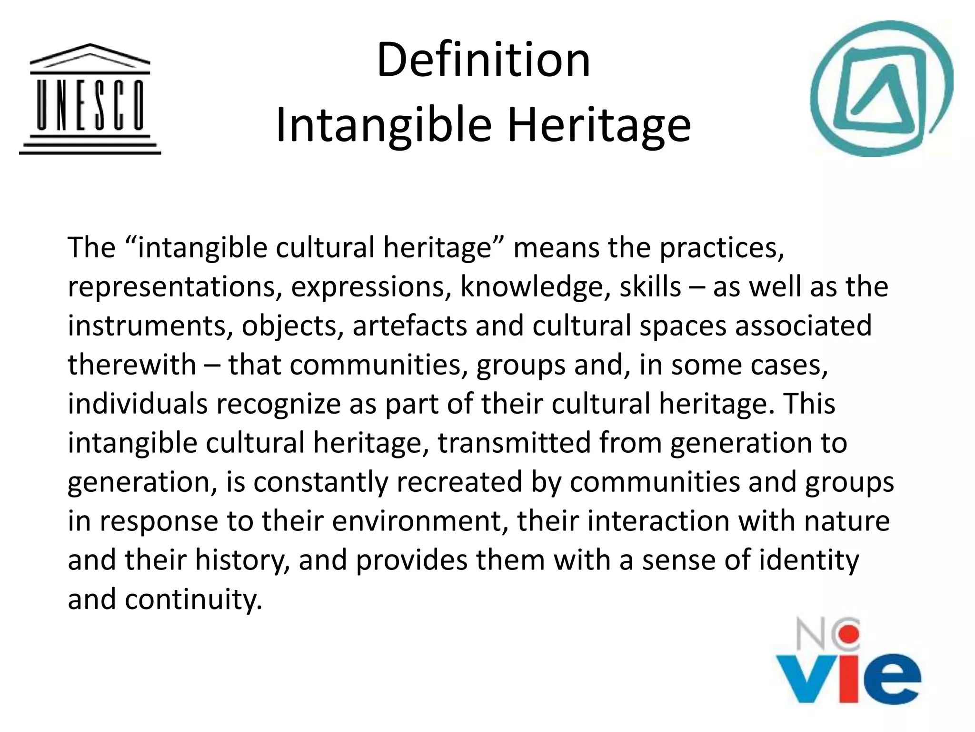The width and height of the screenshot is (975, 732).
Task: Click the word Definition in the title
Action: click(483, 61)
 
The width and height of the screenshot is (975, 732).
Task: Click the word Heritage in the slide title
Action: click(598, 125)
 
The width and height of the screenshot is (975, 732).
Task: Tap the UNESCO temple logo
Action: click(90, 99)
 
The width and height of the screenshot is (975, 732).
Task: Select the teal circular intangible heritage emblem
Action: click(881, 89)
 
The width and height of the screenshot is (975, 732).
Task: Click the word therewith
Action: click(132, 365)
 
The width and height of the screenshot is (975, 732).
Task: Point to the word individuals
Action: click(138, 404)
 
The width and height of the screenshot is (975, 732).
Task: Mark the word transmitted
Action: click(514, 443)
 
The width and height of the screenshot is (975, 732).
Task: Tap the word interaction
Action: click(658, 521)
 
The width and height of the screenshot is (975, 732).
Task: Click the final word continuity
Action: click(193, 599)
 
